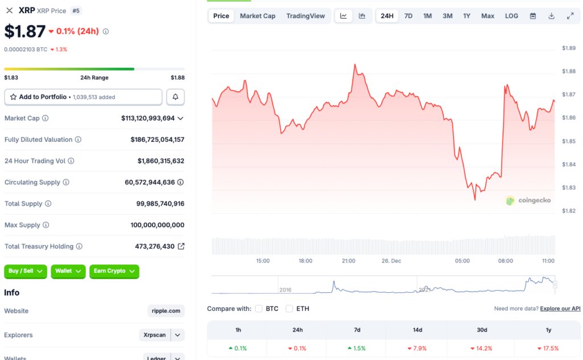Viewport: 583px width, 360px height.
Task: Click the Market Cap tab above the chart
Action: [257, 16]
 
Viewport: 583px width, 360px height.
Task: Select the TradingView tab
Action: [306, 16]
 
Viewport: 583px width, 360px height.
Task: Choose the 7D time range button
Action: [408, 16]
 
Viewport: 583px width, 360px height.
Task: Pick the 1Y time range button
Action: [467, 16]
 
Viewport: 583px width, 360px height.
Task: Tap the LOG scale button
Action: [511, 16]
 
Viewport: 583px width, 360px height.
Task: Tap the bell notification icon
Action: [175, 97]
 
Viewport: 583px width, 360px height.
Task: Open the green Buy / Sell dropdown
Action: [26, 271]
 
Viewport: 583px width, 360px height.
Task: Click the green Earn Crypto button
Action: [114, 271]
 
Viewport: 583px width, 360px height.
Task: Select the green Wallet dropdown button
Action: [68, 271]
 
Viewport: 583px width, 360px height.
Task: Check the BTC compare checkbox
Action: [259, 309]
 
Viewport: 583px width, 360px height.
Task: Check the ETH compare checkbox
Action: [289, 309]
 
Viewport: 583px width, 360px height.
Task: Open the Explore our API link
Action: [560, 309]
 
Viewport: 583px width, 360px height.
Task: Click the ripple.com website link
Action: [166, 311]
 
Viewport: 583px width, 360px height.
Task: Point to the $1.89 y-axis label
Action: [569, 48]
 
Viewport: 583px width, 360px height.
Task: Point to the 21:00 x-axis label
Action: [348, 261]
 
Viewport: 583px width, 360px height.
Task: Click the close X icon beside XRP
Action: [9, 10]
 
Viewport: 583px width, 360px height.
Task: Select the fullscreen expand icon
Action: [570, 16]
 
